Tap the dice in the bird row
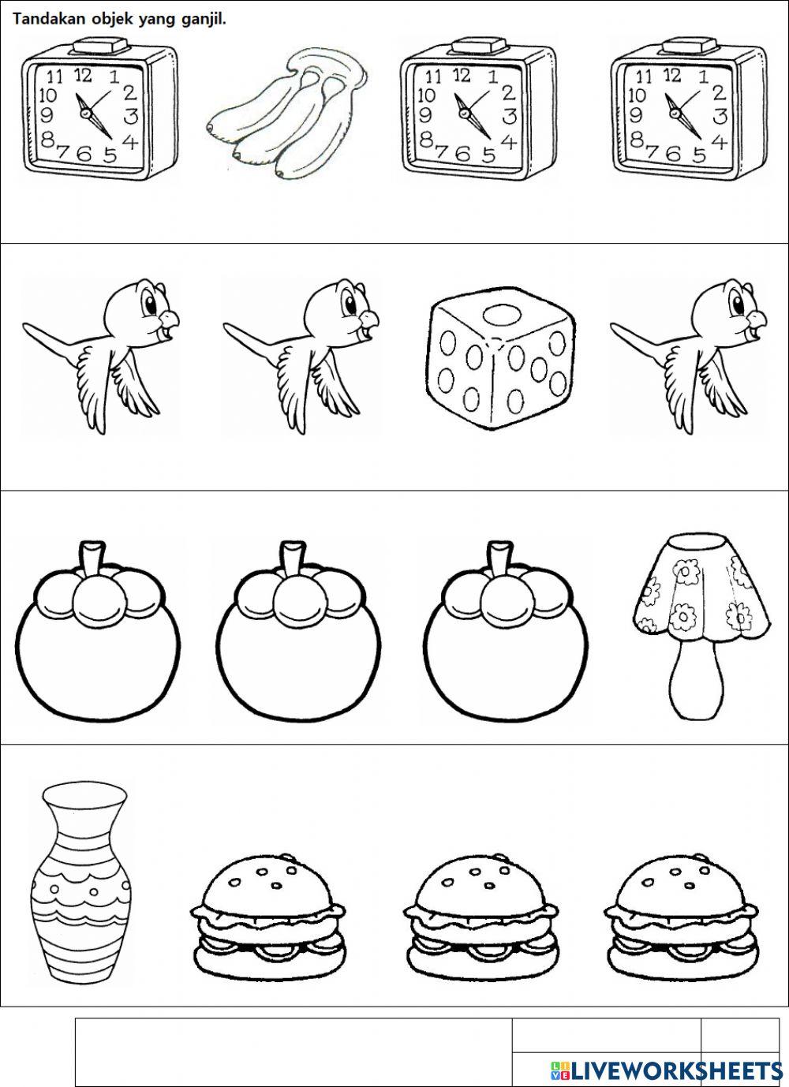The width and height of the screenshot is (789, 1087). (x=500, y=358)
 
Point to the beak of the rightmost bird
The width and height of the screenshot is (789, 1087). (x=756, y=320)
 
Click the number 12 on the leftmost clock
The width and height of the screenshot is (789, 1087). (x=83, y=75)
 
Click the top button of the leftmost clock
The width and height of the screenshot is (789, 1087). (x=100, y=45)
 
